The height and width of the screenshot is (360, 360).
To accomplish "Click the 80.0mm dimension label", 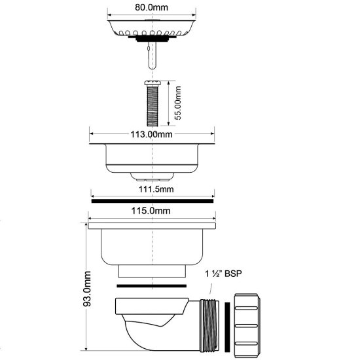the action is pos(151,7).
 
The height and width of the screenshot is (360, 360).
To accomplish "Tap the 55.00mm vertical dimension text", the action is pos(177,103).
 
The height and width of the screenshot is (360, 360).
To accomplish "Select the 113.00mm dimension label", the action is pos(151,134).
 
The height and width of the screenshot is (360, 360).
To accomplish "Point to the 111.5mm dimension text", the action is pos(156,189).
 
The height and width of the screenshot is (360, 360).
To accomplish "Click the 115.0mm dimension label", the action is pos(151,211).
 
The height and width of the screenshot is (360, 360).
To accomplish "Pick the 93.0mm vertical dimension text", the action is pos(87,289).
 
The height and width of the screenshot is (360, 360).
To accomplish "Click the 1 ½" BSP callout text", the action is pos(223,274).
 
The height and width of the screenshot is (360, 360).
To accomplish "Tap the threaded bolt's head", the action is pos(153,82).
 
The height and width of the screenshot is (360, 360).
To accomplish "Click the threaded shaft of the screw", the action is pos(153,105).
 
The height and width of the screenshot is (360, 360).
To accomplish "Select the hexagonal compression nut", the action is pos(247,325).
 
